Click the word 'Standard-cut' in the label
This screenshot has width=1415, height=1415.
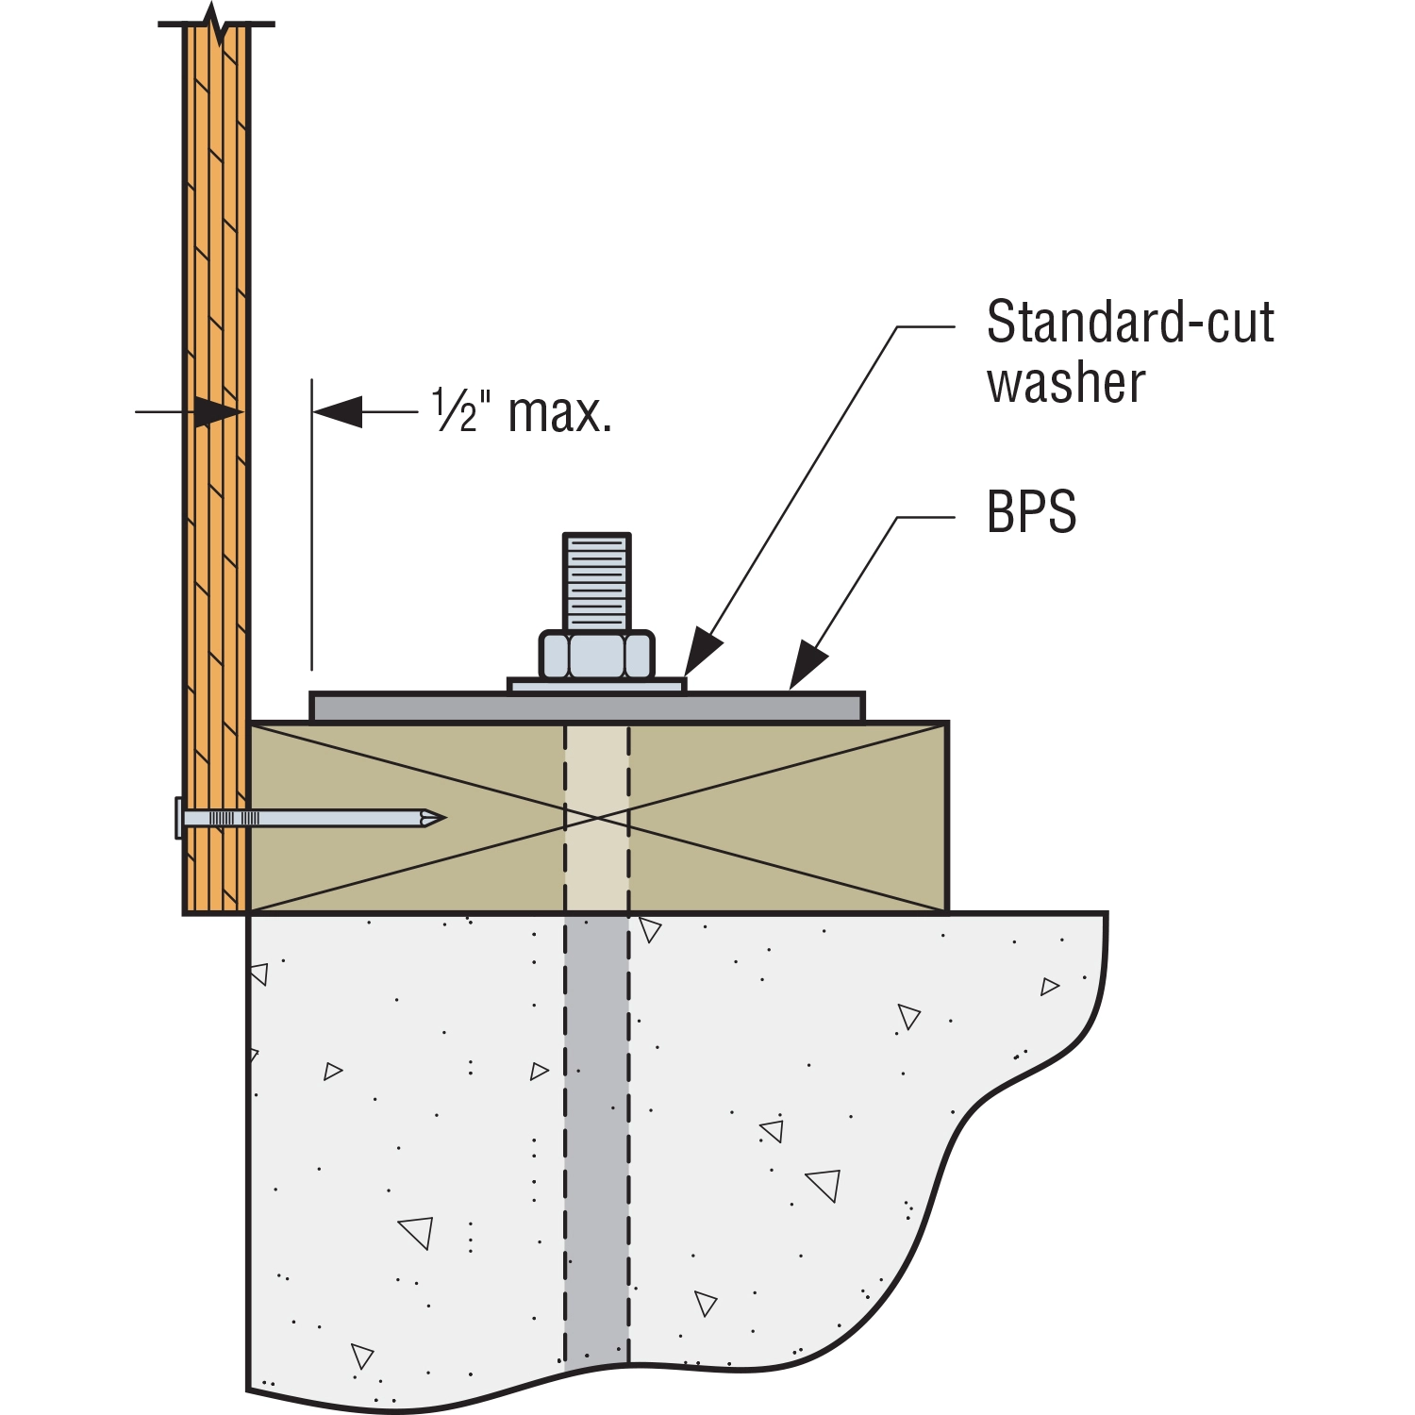(x=1129, y=323)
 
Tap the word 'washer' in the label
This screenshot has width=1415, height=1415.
(x=1066, y=384)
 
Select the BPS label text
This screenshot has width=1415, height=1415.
(x=1031, y=512)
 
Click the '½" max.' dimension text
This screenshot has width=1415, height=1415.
(x=522, y=412)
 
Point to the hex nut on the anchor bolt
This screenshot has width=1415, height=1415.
(x=596, y=654)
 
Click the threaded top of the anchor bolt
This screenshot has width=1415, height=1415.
(x=596, y=580)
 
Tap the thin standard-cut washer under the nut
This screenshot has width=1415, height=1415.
(x=596, y=686)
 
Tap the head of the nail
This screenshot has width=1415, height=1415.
(x=178, y=818)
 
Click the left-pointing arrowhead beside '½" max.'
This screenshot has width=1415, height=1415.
(x=338, y=412)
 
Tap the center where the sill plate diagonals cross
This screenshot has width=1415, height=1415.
(x=597, y=818)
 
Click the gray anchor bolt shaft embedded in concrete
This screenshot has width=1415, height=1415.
(x=596, y=1132)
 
